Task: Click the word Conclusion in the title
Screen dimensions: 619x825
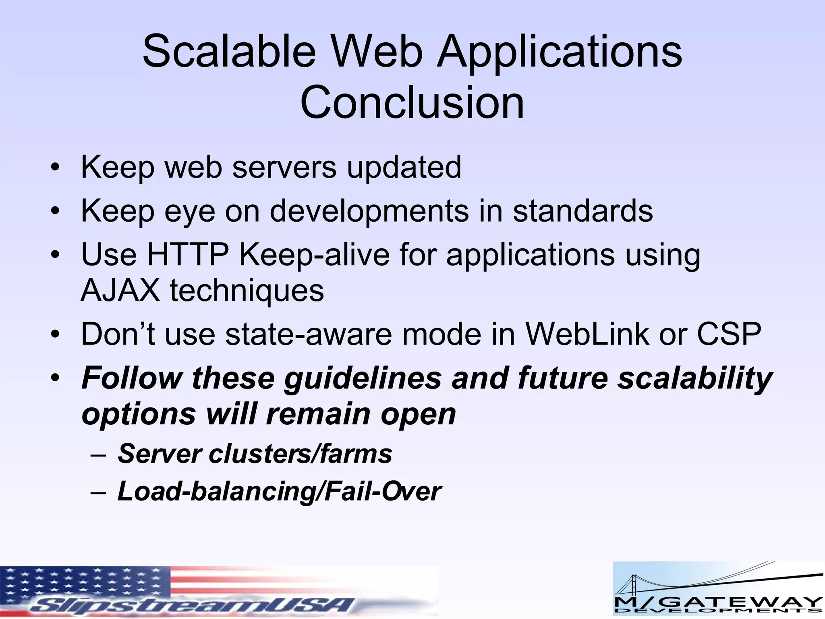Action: click(x=412, y=103)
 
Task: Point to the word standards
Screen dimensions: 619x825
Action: click(x=582, y=211)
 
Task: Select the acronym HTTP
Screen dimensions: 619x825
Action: click(x=188, y=255)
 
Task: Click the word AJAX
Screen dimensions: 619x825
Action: click(x=120, y=290)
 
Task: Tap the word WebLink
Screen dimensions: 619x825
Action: click(x=587, y=334)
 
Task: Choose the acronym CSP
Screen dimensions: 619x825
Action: click(x=729, y=334)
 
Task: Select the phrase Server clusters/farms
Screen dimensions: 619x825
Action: click(x=255, y=454)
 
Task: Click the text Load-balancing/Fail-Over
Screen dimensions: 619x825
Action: click(x=279, y=492)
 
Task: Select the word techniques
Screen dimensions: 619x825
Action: click(x=247, y=291)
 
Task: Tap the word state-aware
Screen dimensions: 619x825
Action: click(x=308, y=335)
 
